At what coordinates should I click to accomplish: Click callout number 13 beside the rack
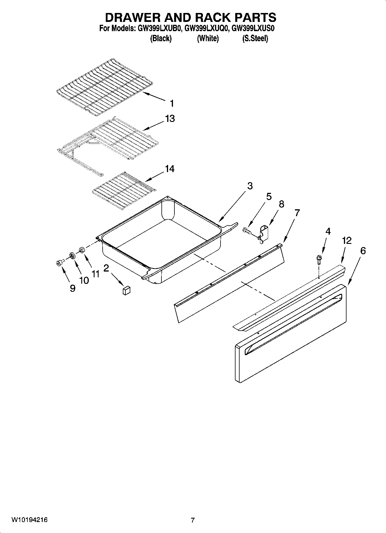tap(170, 118)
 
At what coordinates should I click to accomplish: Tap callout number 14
tap(170, 169)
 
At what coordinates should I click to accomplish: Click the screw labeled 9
tap(60, 263)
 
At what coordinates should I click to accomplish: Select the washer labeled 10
tap(72, 255)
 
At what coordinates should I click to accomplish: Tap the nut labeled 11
tap(82, 250)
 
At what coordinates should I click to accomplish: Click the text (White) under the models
tap(208, 38)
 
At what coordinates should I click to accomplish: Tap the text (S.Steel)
tap(255, 38)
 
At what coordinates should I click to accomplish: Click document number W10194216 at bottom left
tap(29, 520)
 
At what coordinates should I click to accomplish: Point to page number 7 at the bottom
tap(193, 520)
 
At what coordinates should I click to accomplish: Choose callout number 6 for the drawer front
tap(363, 251)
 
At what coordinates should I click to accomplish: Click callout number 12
tap(347, 240)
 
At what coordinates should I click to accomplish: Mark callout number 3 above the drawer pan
tap(250, 186)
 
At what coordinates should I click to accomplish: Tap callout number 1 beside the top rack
tap(172, 103)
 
